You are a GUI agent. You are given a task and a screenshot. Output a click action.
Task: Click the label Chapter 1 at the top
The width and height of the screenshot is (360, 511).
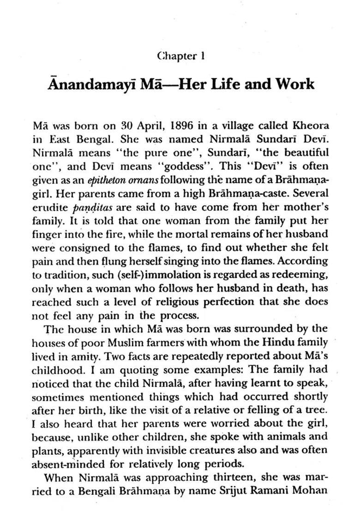click(x=180, y=56)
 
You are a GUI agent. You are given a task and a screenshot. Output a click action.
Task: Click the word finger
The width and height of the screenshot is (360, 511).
click(x=45, y=233)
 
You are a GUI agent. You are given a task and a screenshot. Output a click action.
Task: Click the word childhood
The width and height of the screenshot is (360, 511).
click(x=52, y=370)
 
